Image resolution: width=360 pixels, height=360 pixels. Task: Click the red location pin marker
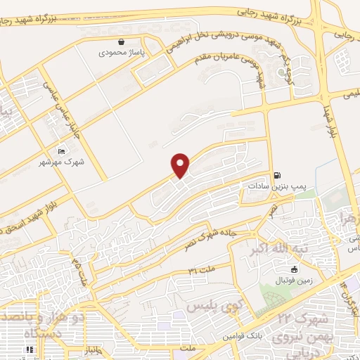click(x=181, y=165)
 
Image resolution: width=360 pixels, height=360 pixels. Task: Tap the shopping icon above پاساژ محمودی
click(x=122, y=41)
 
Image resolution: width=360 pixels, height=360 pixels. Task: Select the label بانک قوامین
click(x=244, y=337)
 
